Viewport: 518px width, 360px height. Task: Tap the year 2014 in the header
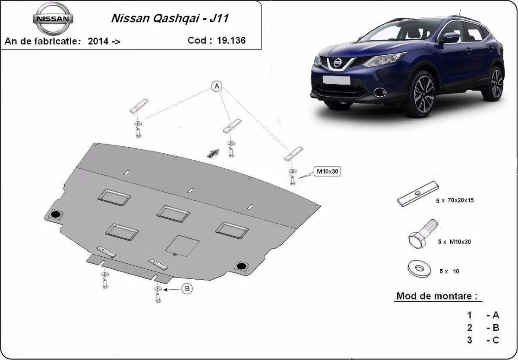98,41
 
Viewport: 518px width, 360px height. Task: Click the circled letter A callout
216,87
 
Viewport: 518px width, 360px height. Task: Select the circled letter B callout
186,289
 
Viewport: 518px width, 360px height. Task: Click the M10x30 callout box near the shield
328,171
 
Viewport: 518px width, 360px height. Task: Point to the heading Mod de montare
437,297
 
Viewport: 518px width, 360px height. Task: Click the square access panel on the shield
183,245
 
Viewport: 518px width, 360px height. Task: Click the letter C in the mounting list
495,340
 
